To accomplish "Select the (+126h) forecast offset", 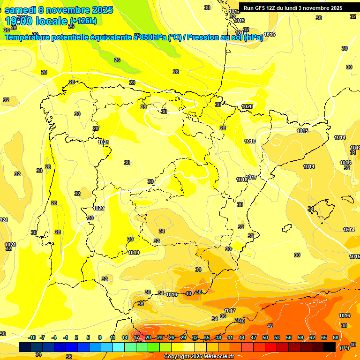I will coord(83,21).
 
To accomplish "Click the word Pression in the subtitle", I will coord(204,37).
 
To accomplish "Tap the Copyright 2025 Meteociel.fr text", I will coord(199,357).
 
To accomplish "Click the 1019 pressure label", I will coord(134,253).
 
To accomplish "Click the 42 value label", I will coord(270,325).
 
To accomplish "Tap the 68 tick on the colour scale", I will coord(336,337).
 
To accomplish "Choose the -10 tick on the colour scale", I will coord(32,337).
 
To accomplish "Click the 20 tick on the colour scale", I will coord(148,337).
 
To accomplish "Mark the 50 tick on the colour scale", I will coord(265,337).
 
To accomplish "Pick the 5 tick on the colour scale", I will coord(89,337).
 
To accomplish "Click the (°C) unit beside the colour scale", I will coord(345,348).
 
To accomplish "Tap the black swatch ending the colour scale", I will coord(330,347).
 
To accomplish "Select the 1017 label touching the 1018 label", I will coord(252,177).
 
